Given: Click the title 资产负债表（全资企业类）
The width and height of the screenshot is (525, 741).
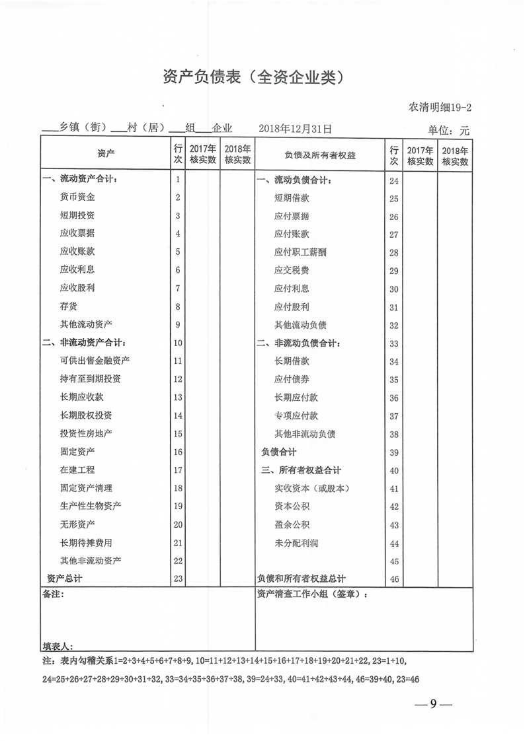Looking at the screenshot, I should tap(254, 77).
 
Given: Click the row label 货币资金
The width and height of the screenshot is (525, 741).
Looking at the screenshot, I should tap(77, 197).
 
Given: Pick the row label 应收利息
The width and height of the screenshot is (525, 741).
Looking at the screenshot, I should tap(77, 269).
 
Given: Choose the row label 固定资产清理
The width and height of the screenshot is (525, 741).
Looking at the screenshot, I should tap(86, 488).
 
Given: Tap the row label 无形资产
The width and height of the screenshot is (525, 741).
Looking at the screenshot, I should tap(77, 524).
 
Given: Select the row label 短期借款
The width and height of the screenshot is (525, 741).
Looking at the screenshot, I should tap(292, 198).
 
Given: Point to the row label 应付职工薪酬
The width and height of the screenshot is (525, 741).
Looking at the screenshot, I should tap(300, 252).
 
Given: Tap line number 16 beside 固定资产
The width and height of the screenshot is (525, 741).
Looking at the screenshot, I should tap(178, 452).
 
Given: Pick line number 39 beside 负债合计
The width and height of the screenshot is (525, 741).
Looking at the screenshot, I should tap(394, 453).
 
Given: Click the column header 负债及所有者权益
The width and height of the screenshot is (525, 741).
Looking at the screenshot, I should tap(320, 155).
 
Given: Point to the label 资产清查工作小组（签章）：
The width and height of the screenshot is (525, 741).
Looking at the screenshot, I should tap(312, 594).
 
